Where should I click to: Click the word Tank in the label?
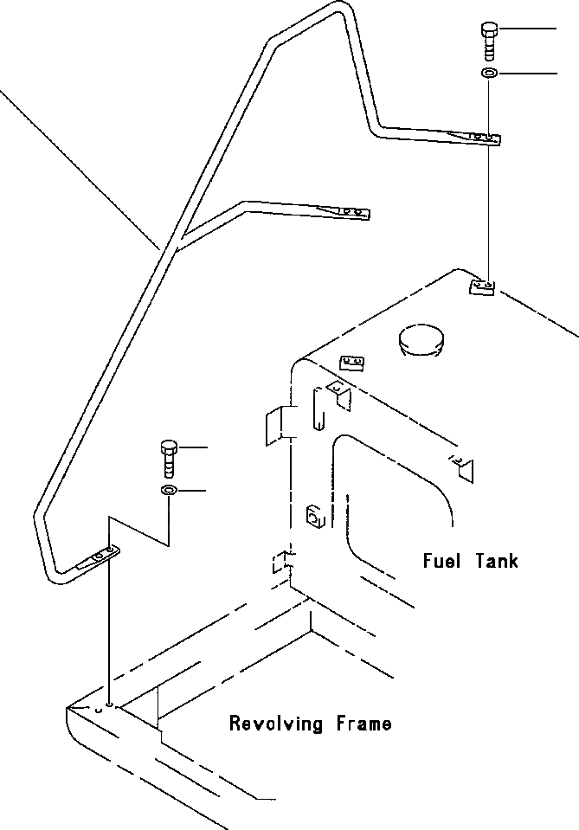tap(496, 560)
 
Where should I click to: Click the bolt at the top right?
tap(489, 39)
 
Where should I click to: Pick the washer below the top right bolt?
tap(489, 74)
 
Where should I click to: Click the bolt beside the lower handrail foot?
tap(169, 457)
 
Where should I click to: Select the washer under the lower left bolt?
tap(169, 492)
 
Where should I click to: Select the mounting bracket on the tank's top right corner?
tap(482, 286)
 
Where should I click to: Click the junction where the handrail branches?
tap(173, 245)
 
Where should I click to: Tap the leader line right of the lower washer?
tap(204, 492)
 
